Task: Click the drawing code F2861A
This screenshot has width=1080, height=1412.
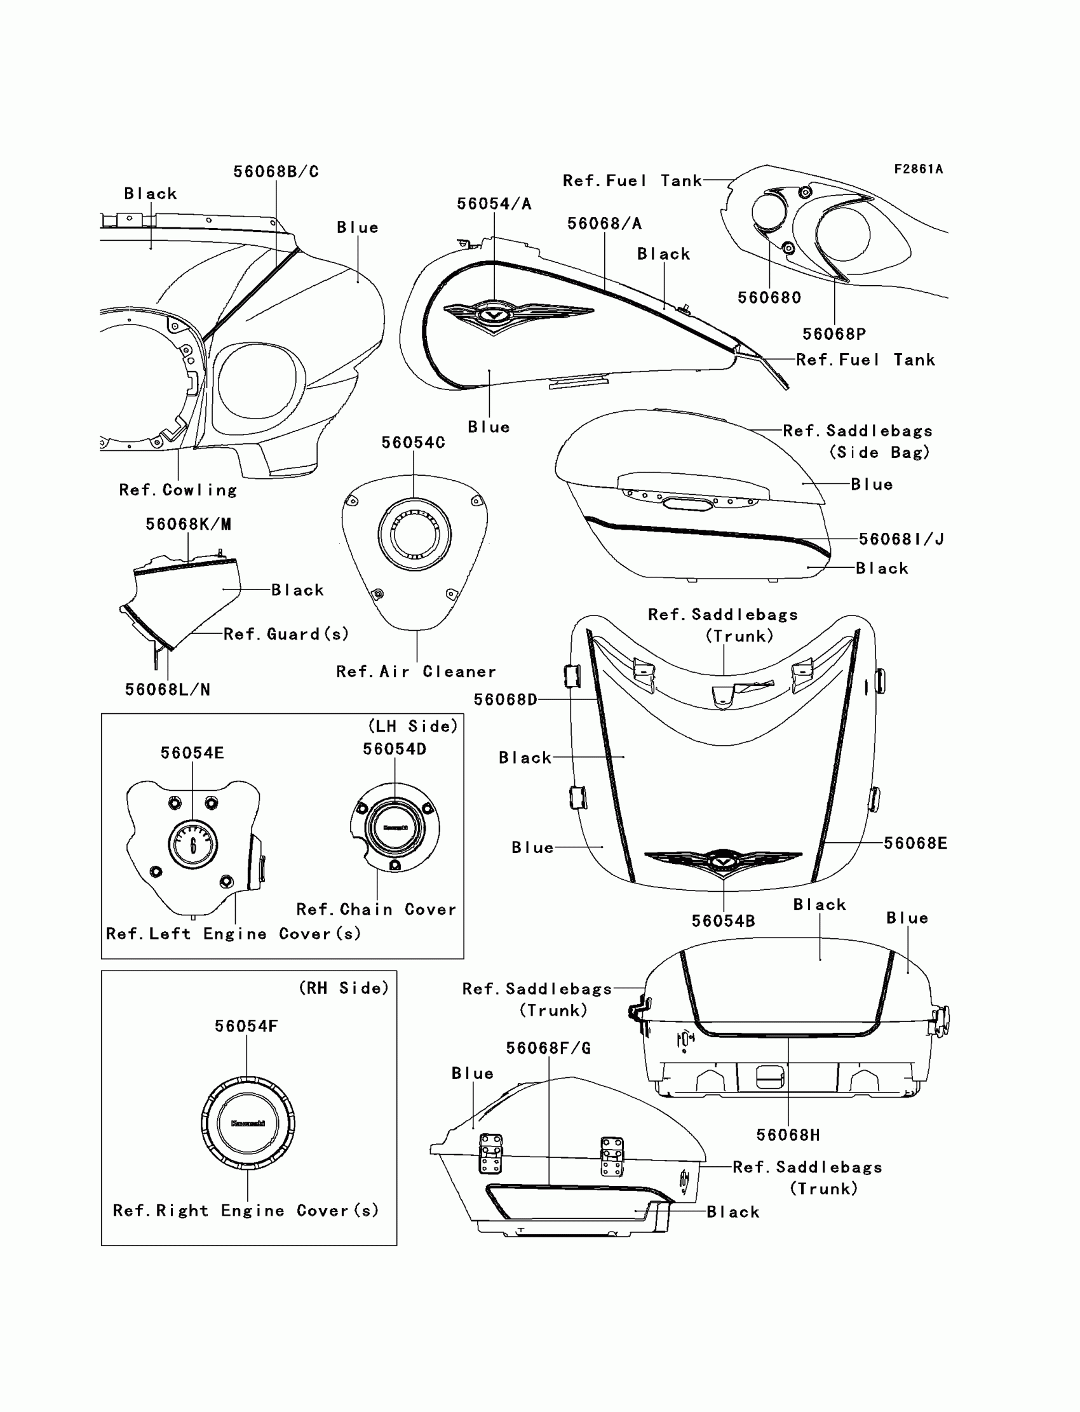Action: point(918,169)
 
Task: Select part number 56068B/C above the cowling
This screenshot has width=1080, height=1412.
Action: point(276,171)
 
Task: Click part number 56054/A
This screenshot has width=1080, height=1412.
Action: point(494,204)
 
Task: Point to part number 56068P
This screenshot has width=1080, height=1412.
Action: point(834,333)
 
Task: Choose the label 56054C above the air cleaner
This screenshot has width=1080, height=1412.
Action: point(413,442)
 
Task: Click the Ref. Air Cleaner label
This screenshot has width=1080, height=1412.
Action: point(416,671)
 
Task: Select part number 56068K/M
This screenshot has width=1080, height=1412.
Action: point(188,524)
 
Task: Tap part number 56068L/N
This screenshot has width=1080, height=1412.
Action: point(167,690)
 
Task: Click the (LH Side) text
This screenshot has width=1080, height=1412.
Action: point(413,725)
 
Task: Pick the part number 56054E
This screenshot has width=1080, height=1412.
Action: point(192,753)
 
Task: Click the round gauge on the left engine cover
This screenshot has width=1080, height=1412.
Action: point(193,845)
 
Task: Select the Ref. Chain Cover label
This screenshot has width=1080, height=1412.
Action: point(376,910)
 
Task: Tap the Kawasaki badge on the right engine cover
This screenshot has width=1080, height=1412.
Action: point(248,1124)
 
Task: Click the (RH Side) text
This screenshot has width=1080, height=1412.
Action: point(344,988)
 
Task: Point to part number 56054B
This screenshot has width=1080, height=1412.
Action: point(723,921)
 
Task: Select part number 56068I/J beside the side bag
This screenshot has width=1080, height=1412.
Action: point(901,539)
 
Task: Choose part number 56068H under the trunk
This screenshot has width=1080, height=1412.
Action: point(788,1135)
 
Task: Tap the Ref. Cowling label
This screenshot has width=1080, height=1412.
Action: point(178,490)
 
